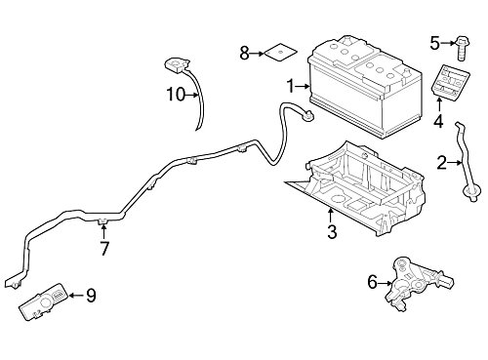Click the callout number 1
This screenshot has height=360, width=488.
coord(291,87)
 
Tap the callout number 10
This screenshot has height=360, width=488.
coord(176,95)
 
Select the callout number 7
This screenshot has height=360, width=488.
coord(104,249)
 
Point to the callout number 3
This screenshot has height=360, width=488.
coord(332,232)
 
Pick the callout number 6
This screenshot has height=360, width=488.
coord(372,282)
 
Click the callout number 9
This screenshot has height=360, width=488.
coord(91,296)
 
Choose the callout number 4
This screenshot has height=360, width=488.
coord(438,121)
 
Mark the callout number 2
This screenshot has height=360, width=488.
coord(442,163)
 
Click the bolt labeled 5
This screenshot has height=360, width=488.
coord(461,48)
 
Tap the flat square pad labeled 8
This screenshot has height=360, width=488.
coord(281,52)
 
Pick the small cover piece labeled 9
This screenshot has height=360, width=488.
coord(44,301)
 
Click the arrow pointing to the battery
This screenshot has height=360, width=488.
coord(303,87)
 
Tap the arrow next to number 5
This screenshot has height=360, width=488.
coord(448,43)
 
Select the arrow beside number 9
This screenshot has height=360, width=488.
coord(76,296)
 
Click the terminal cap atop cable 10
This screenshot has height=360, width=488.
coord(177,64)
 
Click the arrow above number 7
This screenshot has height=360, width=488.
coord(103,231)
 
